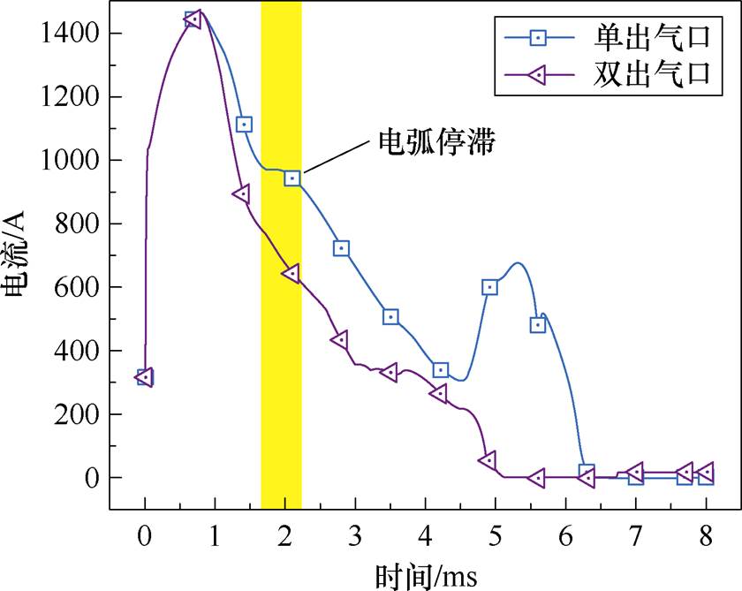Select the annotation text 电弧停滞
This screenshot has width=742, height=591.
435,141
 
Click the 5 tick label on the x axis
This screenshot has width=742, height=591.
496,536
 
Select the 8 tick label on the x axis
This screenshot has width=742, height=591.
706,536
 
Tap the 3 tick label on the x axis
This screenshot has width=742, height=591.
355,536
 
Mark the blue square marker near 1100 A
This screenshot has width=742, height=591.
244,125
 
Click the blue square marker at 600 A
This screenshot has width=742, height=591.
489,287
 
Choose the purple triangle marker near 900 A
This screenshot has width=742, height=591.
241,194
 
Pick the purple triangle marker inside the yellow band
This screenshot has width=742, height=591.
291,273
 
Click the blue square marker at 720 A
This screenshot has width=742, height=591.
342,248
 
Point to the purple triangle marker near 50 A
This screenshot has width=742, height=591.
487,460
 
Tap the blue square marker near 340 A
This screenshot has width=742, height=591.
440,370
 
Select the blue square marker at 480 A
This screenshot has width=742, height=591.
537,325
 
